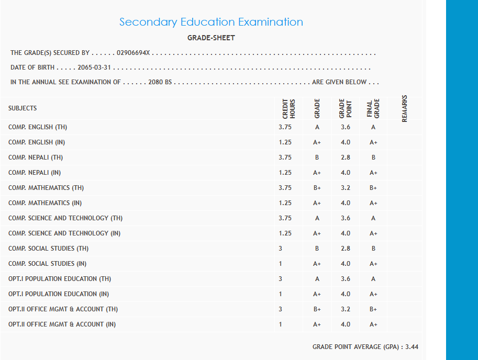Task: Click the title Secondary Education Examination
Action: pyautogui.click(x=211, y=22)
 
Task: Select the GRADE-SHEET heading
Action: pyautogui.click(x=211, y=38)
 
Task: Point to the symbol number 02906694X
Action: pyautogui.click(x=134, y=53)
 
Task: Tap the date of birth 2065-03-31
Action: pyautogui.click(x=95, y=67)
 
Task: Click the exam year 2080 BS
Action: pyautogui.click(x=160, y=82)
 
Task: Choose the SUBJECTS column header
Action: pyautogui.click(x=23, y=108)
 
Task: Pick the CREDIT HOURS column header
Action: pyautogui.click(x=289, y=108)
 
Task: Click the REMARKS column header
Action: pyautogui.click(x=404, y=108)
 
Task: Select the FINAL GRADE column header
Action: pyautogui.click(x=373, y=108)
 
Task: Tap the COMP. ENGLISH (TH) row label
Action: pyautogui.click(x=38, y=127)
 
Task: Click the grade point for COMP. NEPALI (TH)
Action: pyautogui.click(x=346, y=157)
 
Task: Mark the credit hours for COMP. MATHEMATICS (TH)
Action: pyautogui.click(x=285, y=188)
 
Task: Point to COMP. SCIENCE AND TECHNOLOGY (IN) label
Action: pyautogui.click(x=64, y=233)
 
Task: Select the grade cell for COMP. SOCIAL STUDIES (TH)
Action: pyautogui.click(x=317, y=249)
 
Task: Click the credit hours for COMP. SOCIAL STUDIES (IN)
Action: pyautogui.click(x=281, y=264)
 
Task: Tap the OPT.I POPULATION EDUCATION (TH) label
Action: pyautogui.click(x=60, y=279)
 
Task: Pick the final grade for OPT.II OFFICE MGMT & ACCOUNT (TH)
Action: pyautogui.click(x=373, y=309)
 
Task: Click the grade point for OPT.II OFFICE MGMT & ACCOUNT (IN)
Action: pyautogui.click(x=346, y=324)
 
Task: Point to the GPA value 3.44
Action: pyautogui.click(x=412, y=347)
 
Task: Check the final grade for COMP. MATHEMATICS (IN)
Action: pyautogui.click(x=373, y=203)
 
